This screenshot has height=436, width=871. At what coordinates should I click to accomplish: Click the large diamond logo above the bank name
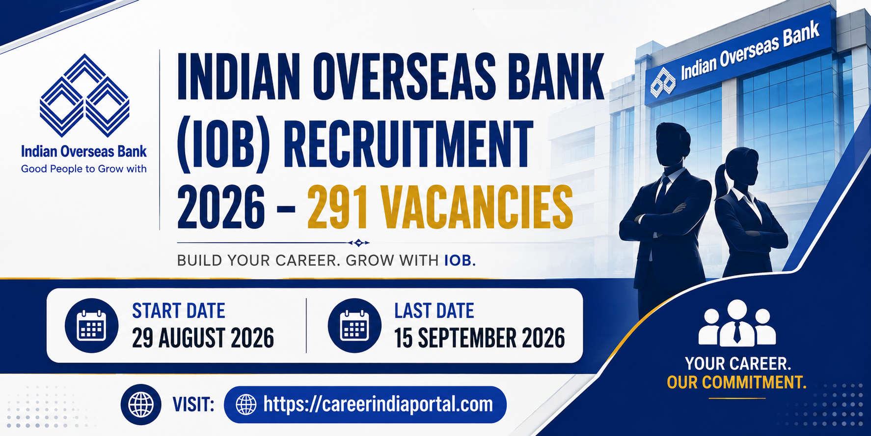[x=84, y=95]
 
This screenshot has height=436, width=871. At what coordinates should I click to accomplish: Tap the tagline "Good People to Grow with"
[x=84, y=169]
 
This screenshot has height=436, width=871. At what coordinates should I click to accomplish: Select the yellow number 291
[x=337, y=206]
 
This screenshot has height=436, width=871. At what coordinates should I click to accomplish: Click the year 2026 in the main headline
[x=221, y=206]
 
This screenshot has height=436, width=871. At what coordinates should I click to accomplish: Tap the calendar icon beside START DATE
[x=91, y=325]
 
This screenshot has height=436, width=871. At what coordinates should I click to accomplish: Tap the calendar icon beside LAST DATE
[x=354, y=325]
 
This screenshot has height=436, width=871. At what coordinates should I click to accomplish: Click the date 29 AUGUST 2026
[x=203, y=338]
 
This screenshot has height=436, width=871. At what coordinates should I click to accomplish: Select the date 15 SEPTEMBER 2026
[x=480, y=338]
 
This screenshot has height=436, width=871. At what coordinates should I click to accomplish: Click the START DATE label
[x=179, y=311]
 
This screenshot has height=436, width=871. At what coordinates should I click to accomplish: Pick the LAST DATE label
[x=434, y=311]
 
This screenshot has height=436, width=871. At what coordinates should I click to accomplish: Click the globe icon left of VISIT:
[x=141, y=405]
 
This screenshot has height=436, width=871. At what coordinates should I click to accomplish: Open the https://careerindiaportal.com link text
[x=378, y=404]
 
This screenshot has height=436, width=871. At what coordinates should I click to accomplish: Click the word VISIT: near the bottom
[x=193, y=405]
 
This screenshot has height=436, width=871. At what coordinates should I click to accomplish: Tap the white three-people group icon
[x=737, y=322]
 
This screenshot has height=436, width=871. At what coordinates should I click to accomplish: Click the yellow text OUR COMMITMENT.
[x=736, y=382]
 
